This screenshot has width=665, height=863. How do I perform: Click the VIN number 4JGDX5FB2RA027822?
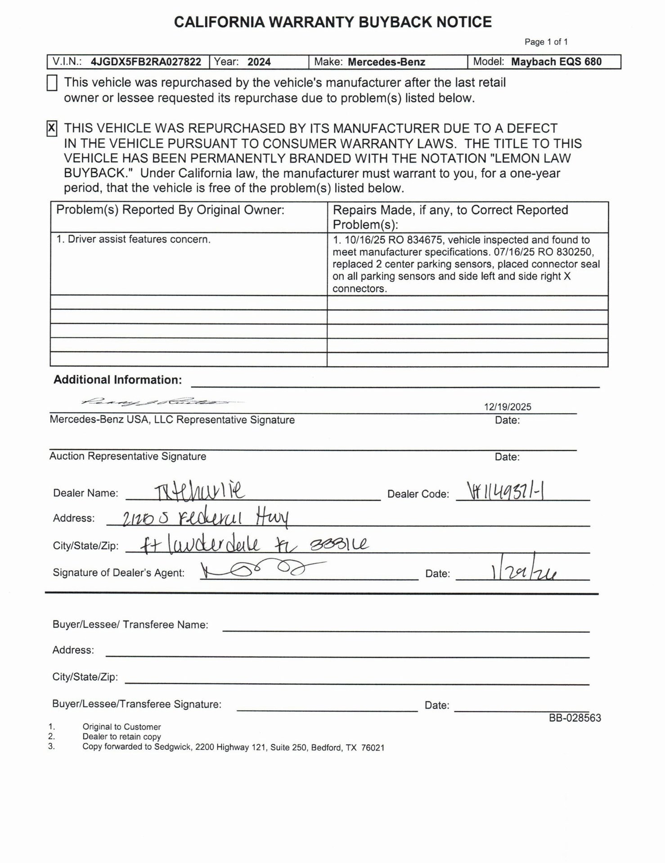[146, 62]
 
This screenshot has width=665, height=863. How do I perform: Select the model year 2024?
[259, 62]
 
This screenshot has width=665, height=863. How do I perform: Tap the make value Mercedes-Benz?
[386, 62]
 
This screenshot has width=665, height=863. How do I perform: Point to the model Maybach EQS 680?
[556, 62]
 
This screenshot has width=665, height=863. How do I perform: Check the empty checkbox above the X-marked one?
[52, 83]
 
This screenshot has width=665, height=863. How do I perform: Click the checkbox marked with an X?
[52, 129]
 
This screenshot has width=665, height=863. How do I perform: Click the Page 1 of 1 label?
[546, 42]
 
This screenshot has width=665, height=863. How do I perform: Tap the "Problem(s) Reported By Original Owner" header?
[170, 210]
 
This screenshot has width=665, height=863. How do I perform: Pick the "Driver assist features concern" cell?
[133, 239]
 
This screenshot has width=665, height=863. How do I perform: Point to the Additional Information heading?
[117, 380]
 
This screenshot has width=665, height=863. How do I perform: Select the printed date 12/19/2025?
[508, 407]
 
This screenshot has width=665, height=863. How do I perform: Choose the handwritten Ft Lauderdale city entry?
[198, 546]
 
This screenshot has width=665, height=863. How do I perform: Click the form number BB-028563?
[575, 718]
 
